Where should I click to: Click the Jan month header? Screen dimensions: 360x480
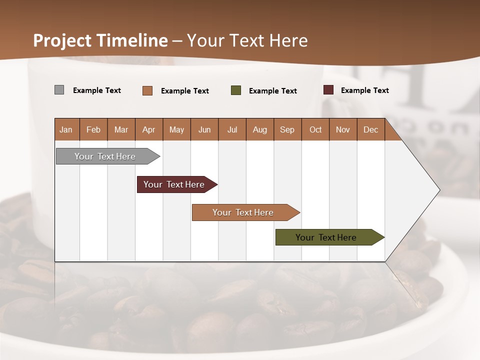click(x=66, y=129)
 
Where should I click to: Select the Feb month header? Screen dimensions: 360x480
click(x=93, y=129)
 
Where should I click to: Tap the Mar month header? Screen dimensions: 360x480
click(x=121, y=129)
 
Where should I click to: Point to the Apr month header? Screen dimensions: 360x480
click(x=148, y=129)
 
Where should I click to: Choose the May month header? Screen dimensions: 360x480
click(x=176, y=129)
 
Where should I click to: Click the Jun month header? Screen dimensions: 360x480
click(x=204, y=129)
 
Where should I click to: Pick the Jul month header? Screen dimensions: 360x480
click(x=232, y=129)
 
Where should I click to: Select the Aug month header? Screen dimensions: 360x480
click(x=259, y=129)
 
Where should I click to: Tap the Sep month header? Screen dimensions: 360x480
click(x=287, y=129)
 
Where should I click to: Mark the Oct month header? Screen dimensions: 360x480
click(x=315, y=129)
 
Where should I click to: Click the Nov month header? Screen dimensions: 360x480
click(x=343, y=129)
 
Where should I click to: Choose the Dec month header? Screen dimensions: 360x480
click(x=370, y=129)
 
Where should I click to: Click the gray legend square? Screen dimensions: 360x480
click(x=59, y=90)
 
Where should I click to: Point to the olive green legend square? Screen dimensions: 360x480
click(x=236, y=90)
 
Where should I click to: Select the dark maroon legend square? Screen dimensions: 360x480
click(x=328, y=90)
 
